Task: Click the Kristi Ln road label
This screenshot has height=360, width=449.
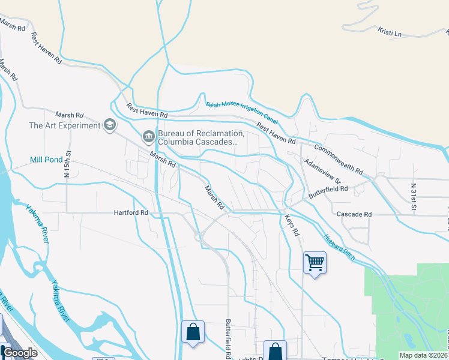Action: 390,31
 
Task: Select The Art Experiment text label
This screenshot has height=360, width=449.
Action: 64,125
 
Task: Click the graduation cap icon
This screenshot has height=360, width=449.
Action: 109,125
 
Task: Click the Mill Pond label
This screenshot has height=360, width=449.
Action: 46,160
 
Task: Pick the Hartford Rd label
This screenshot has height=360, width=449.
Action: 131,213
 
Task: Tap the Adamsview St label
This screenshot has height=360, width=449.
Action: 322,172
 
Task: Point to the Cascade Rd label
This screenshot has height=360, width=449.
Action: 354,214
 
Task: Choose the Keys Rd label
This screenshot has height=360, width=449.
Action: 291,225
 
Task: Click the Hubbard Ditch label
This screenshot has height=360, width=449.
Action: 339,247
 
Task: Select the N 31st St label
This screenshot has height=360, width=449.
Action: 415,197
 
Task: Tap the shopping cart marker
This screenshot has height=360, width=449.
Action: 315,262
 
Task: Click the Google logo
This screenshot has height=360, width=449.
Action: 20,353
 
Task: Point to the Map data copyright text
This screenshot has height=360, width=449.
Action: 423,355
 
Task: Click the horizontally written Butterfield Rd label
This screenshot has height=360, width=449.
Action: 328,189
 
